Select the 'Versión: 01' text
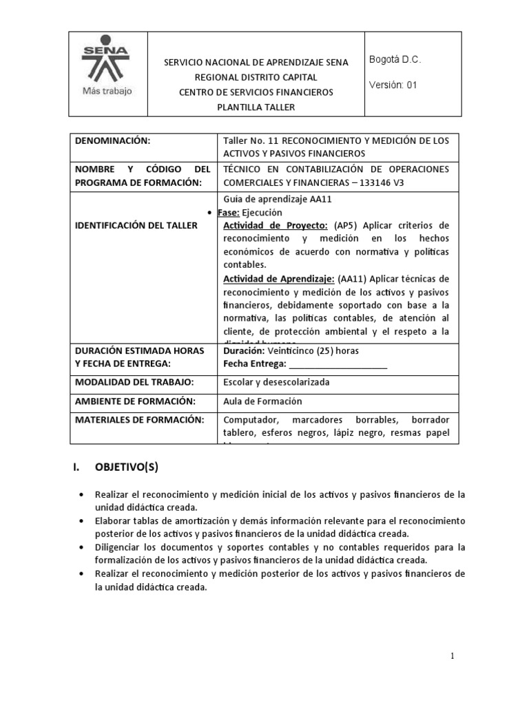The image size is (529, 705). coord(393,85)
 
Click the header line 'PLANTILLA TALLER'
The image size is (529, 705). coord(256,106)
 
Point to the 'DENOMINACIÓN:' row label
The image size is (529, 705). coord(112,140)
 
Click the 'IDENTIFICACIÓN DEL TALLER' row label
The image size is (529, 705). coord(136,225)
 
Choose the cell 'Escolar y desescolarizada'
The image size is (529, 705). coord(276,381)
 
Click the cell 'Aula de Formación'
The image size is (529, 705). coord(262,401)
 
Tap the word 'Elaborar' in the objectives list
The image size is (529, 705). coord(114,520)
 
